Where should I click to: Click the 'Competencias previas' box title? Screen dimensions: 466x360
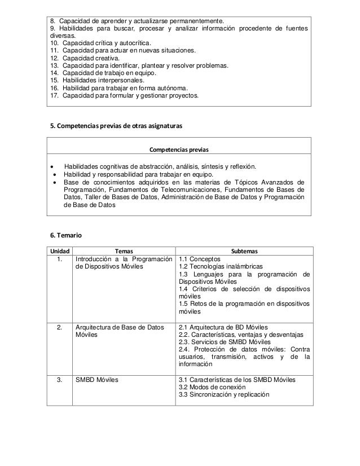tap(179, 150)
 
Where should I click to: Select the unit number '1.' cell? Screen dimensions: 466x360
tap(59, 260)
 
